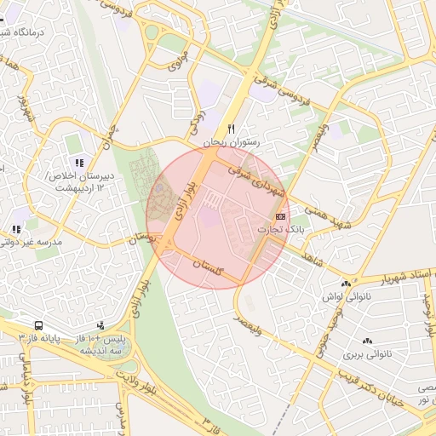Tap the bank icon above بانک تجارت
tap(281, 217)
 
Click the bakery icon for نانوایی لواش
tap(346, 284)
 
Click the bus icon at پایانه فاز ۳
tap(38, 325)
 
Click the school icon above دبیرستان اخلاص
tap(79, 163)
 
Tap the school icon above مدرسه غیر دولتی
tap(16, 229)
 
